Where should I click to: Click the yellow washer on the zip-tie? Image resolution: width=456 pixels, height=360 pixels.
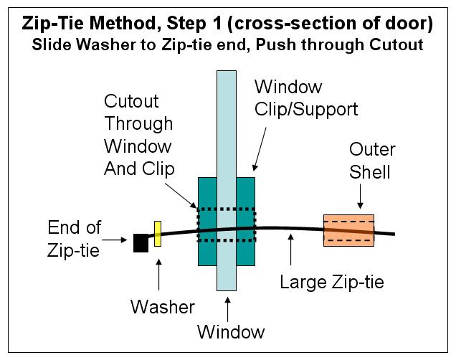coord(158,234)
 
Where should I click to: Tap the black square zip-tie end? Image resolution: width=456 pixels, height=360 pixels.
coord(141,243)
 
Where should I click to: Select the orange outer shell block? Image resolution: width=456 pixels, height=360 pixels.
coord(348,231)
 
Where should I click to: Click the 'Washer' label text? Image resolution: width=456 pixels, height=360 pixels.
coord(163,307)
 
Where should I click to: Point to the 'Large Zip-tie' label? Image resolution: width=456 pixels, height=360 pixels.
coord(332,282)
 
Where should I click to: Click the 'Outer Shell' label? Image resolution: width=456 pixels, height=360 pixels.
coord(372,161)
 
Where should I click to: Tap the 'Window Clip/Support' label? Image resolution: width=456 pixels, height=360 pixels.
coord(306,98)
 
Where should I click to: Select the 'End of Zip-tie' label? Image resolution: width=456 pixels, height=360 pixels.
coord(74,239)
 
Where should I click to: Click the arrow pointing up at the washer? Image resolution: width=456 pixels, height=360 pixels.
coord(158,275)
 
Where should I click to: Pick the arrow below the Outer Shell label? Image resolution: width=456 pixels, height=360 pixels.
coord(361,196)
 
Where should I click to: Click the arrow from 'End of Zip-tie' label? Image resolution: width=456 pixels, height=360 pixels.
coord(115,240)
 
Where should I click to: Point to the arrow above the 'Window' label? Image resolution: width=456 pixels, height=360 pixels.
coord(228,309)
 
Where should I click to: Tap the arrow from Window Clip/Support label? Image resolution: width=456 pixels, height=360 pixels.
coord(259,149)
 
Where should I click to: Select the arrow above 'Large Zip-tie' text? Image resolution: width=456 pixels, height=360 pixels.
coord(291,250)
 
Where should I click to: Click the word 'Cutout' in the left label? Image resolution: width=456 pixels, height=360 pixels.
coord(131,101)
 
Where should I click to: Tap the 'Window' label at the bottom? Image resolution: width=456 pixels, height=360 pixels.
coord(231,331)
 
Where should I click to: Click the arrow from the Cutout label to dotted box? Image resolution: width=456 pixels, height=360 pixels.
coord(181,195)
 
